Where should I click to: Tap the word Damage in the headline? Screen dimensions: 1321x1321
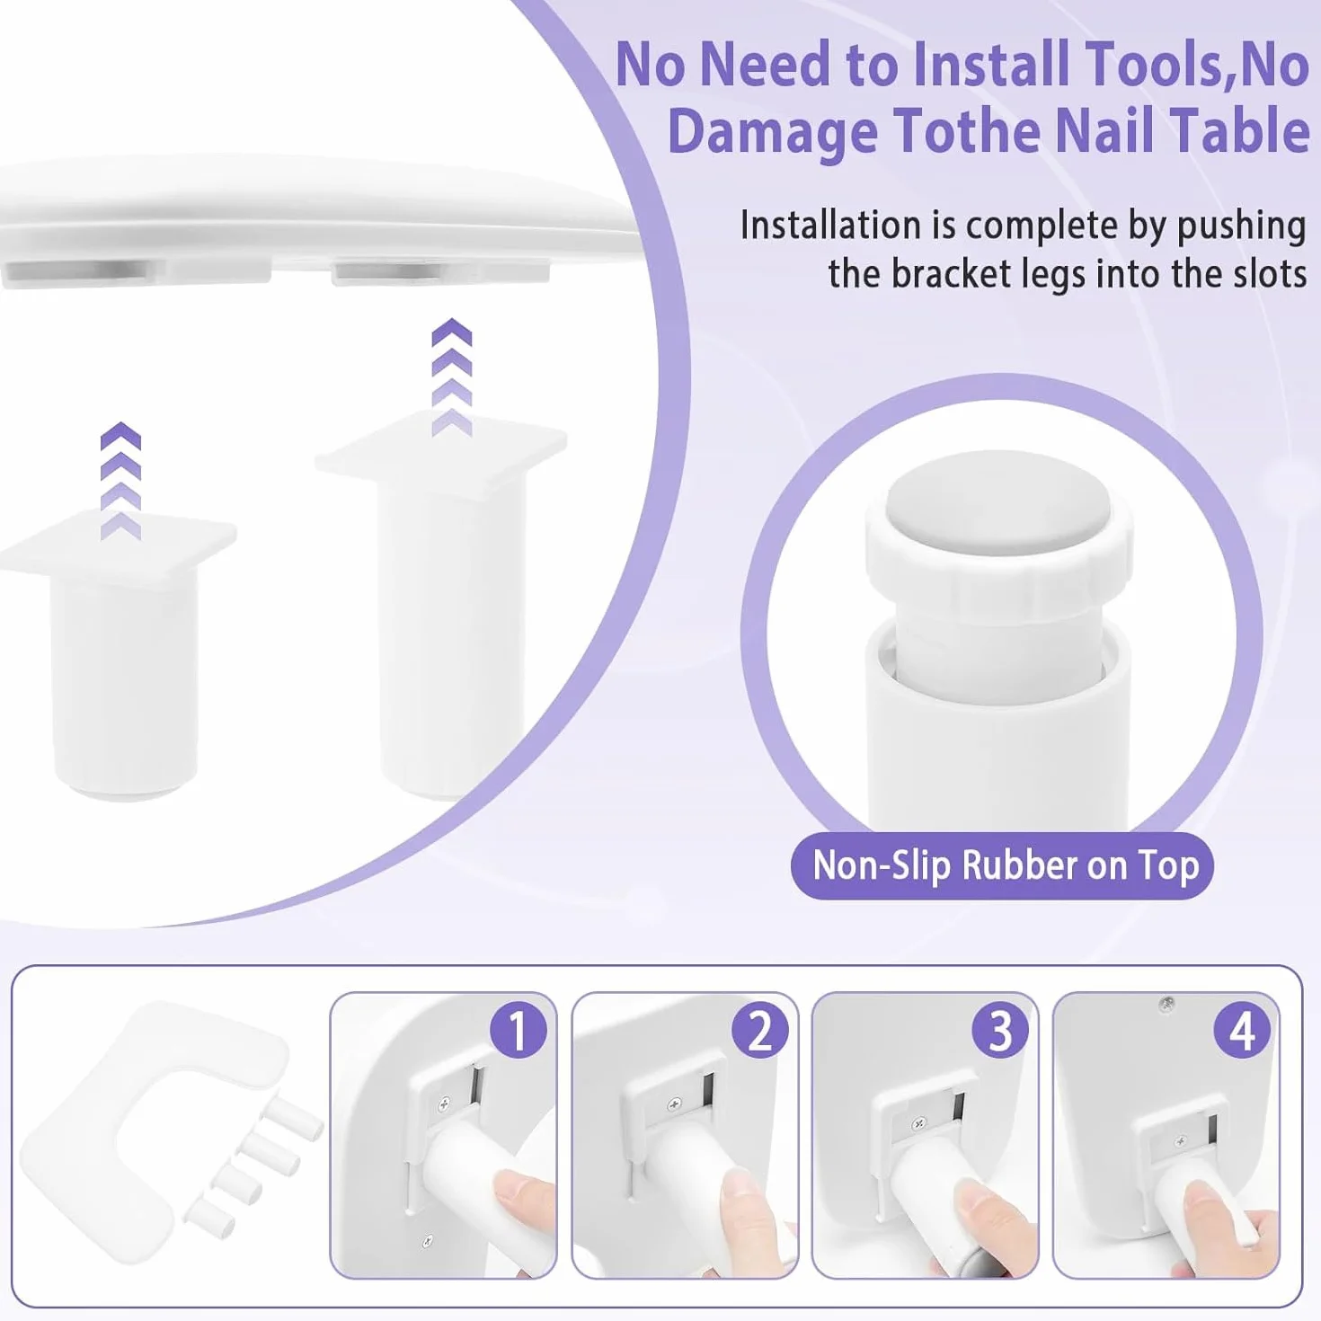(x=773, y=131)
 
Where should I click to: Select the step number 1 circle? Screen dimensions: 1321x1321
(x=519, y=1030)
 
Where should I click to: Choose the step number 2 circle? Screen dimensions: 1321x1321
(x=760, y=1030)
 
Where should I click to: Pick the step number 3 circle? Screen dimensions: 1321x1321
(x=1001, y=1030)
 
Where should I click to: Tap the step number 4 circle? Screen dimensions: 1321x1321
(x=1242, y=1030)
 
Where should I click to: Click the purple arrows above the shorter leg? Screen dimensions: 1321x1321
(x=120, y=481)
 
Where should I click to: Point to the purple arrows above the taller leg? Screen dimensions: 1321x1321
(x=452, y=377)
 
